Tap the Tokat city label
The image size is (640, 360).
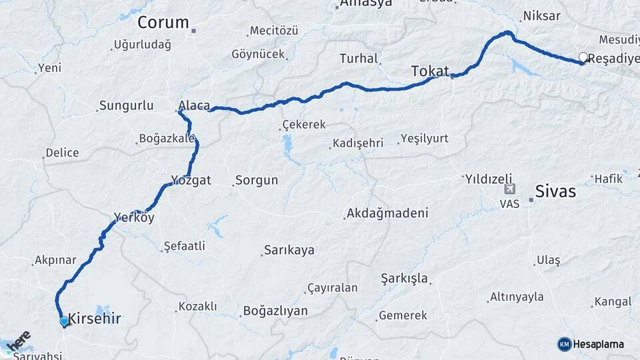click(x=430, y=71)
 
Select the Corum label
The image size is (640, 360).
click(x=163, y=23)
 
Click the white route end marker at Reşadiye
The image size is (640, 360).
click(x=583, y=58)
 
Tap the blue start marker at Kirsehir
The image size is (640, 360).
click(x=64, y=321)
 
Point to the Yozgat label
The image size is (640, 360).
click(x=191, y=180)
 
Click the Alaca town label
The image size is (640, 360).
click(x=194, y=105)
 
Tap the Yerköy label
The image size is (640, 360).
click(x=134, y=217)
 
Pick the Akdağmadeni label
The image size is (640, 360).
click(x=387, y=213)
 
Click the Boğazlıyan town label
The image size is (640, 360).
click(x=275, y=311)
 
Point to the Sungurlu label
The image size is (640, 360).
click(x=126, y=105)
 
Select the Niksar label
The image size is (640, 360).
click(x=542, y=16)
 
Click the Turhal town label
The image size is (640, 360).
click(x=359, y=59)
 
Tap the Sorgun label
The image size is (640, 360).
click(x=256, y=181)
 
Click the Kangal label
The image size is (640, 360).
click(x=612, y=302)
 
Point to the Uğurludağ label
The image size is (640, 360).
click(x=143, y=45)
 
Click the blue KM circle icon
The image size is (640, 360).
click(x=565, y=344)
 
